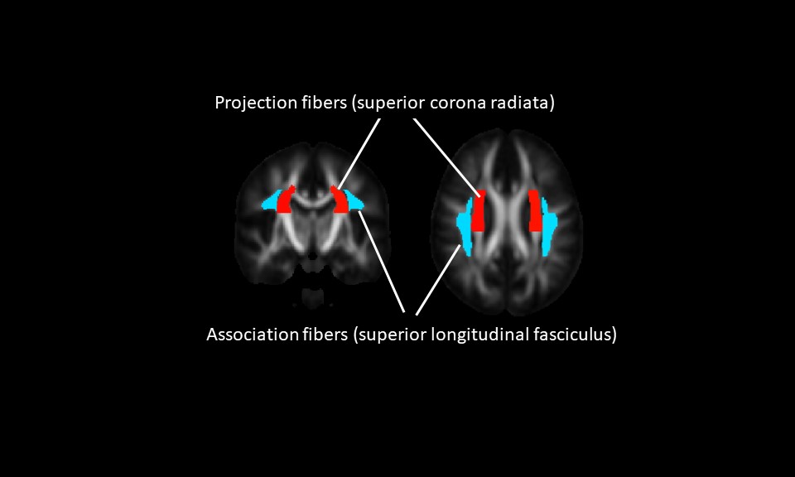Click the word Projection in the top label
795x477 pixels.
[248, 104]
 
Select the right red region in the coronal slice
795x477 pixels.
[340, 201]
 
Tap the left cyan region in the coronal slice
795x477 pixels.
[270, 200]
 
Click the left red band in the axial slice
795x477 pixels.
[479, 211]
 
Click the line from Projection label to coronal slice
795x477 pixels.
[359, 154]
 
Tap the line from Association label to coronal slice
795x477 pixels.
[383, 261]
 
